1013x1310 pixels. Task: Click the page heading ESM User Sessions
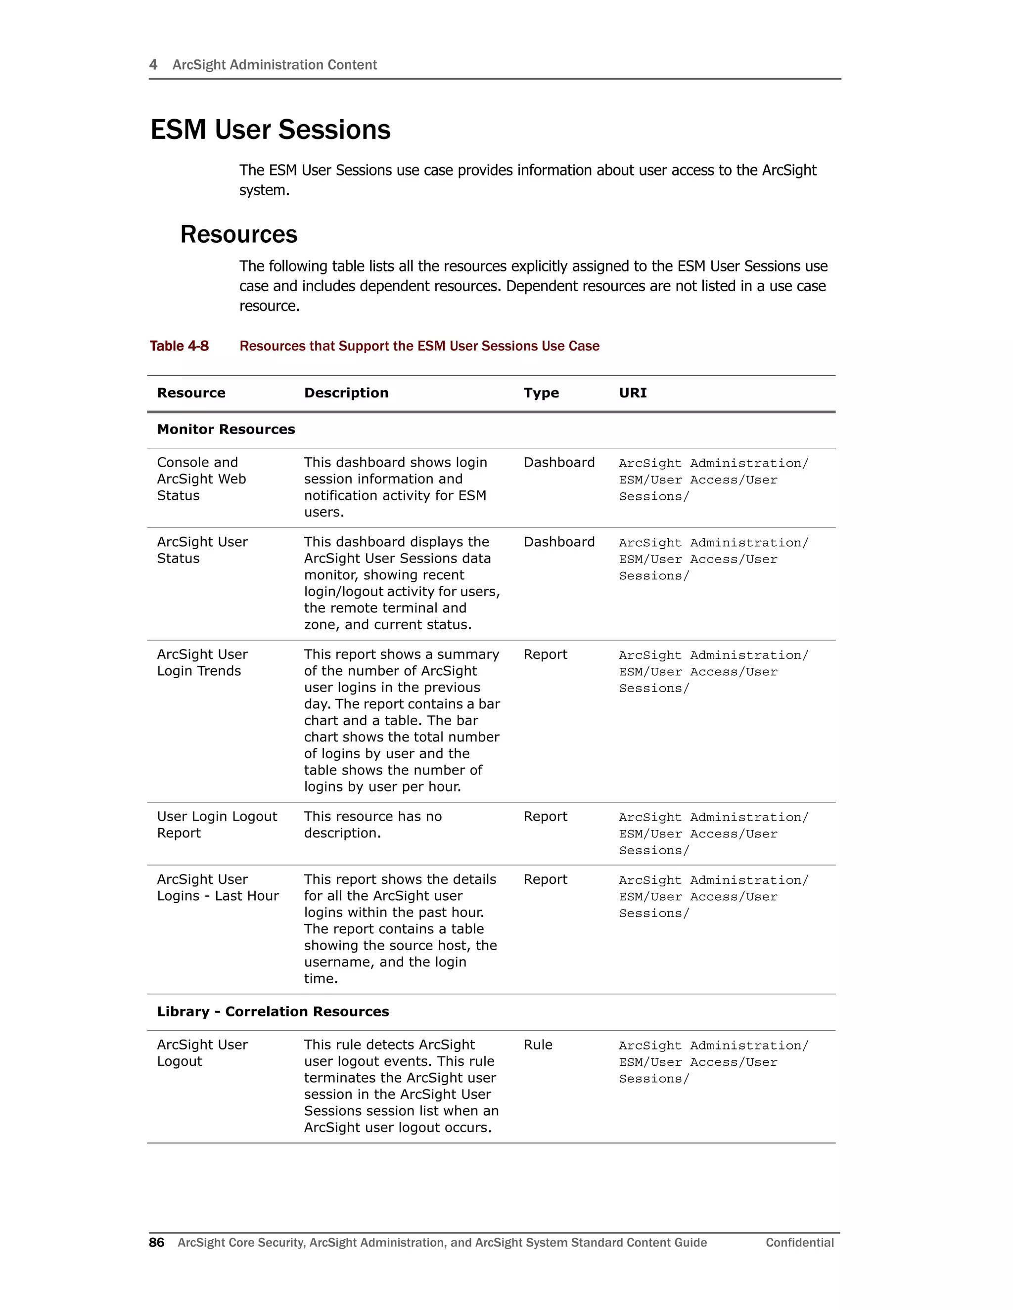(270, 130)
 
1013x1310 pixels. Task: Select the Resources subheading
(238, 234)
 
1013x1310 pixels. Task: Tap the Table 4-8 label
(179, 346)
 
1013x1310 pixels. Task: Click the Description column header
(346, 393)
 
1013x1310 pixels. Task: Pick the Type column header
(541, 393)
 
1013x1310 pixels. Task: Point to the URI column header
(633, 393)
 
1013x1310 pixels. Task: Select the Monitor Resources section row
(226, 430)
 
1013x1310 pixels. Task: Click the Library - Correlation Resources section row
(273, 1012)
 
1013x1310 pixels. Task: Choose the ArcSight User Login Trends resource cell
(202, 663)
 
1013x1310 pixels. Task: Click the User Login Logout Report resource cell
(217, 825)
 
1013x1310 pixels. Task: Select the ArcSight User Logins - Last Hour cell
(217, 888)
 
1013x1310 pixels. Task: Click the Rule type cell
(538, 1045)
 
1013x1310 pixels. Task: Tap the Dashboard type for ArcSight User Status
(559, 542)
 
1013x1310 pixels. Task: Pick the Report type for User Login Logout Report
(545, 817)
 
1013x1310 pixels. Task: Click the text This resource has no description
(372, 825)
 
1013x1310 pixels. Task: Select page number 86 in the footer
(157, 1242)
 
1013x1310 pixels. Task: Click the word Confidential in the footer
(799, 1242)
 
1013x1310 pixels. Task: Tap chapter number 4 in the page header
(153, 65)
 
